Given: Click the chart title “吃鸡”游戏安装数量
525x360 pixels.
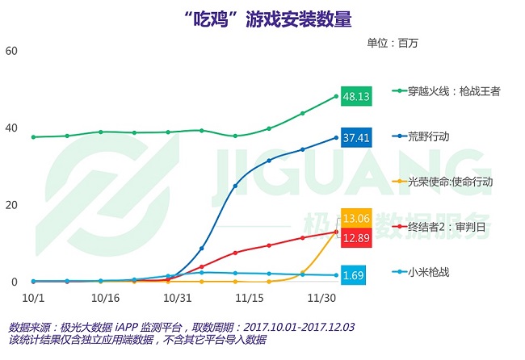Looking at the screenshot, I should pyautogui.click(x=263, y=17).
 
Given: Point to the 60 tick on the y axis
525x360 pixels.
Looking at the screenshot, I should pyautogui.click(x=11, y=51).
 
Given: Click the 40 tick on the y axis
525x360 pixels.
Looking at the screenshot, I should pyautogui.click(x=11, y=128).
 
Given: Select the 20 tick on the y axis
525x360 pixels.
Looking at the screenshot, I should pyautogui.click(x=11, y=205).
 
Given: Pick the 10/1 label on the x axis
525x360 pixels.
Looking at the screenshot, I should pyautogui.click(x=33, y=298).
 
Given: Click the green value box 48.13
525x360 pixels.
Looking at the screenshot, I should pyautogui.click(x=356, y=96).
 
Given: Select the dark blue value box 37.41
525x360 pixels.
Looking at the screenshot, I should pyautogui.click(x=356, y=138).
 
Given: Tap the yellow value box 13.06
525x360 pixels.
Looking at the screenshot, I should pyautogui.click(x=356, y=218).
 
